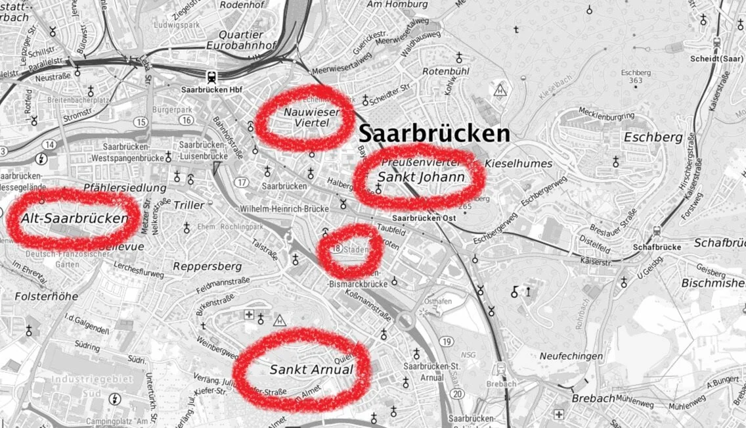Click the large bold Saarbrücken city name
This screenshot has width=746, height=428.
434,134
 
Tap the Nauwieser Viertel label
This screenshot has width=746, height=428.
311,118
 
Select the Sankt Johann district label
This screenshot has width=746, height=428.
421,178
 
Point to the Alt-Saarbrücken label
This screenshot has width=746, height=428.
74,218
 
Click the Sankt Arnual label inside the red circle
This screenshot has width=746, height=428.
311,370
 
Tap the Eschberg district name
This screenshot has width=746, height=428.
653,138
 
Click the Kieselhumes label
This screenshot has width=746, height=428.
519,163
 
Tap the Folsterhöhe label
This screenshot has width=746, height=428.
46,297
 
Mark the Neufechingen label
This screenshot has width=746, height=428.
571,356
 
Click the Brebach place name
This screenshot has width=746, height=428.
592,398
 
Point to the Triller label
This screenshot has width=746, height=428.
189,205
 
